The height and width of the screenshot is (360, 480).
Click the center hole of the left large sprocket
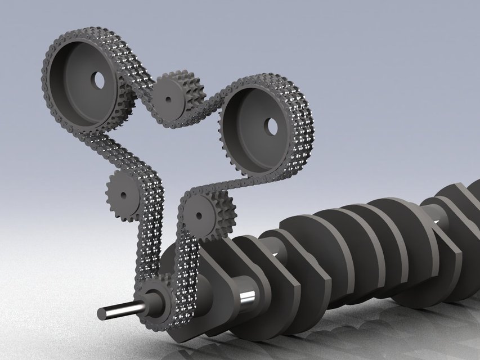pyautogui.click(x=100, y=80)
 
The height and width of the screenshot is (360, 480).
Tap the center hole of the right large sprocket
pyautogui.click(x=272, y=127)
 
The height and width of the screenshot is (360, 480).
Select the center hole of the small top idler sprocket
pyautogui.click(x=168, y=100)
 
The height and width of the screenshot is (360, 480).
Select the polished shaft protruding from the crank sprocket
pyautogui.click(x=121, y=310)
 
